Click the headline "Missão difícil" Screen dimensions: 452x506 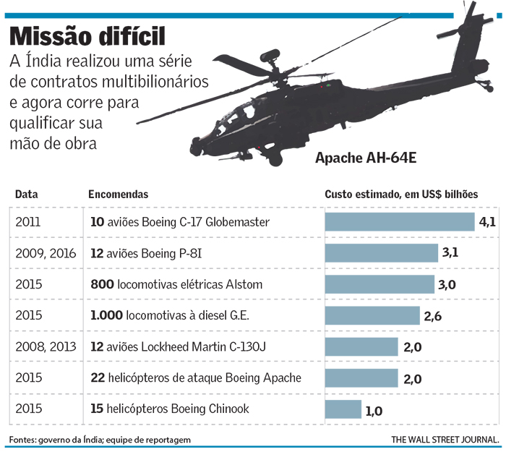(87, 35)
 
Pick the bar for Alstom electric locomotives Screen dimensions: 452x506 (379, 284)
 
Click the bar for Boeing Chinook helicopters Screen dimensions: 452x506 (343, 409)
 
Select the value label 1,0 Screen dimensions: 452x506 (374, 411)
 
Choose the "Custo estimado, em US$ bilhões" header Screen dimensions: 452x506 (401, 195)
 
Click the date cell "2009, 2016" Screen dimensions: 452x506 (44, 253)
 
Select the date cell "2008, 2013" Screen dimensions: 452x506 (44, 347)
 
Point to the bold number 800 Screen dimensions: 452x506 (102, 284)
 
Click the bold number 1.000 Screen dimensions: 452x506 (106, 315)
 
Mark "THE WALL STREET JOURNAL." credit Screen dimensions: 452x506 (445, 440)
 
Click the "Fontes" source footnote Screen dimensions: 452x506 (100, 440)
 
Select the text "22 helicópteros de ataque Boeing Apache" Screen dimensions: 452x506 (195, 378)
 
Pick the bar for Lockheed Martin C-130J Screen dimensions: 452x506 (361, 347)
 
